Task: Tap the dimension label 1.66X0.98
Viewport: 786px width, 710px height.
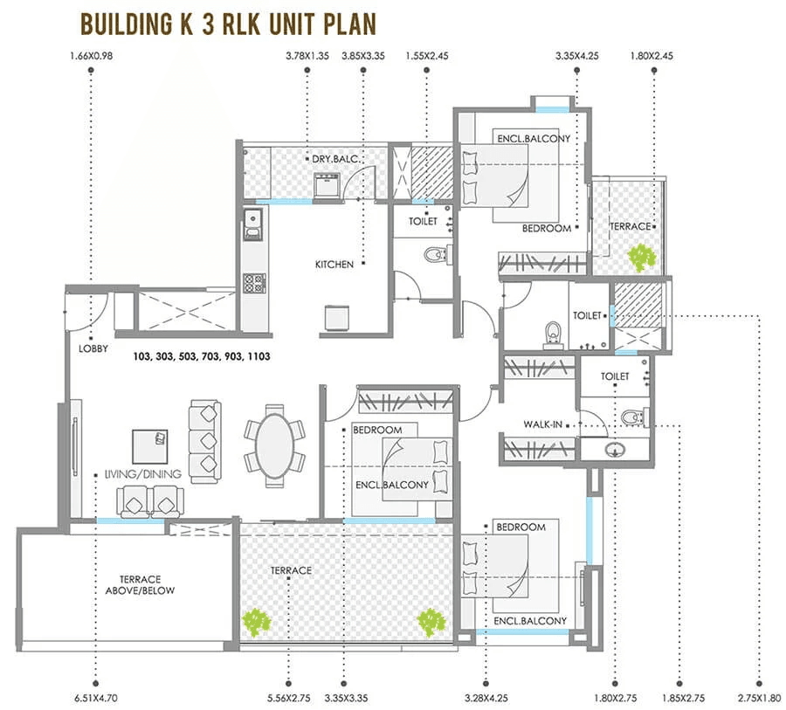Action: point(90,58)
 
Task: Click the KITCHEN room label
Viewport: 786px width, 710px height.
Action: point(334,264)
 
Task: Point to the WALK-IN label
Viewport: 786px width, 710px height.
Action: point(541,424)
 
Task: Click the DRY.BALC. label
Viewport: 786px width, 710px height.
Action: point(330,159)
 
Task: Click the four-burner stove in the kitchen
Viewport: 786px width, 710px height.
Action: point(253,283)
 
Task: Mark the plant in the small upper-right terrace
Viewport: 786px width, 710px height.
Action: point(642,257)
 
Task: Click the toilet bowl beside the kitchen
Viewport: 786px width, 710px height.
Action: point(433,255)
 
